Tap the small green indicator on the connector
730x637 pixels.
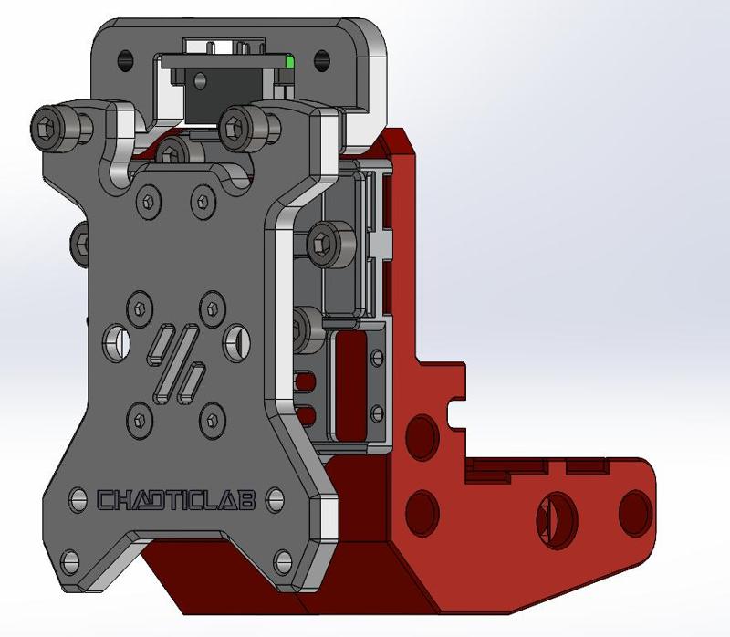[x=289, y=62]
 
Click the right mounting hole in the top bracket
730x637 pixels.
[x=320, y=60]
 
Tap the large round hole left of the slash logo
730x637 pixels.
[x=117, y=341]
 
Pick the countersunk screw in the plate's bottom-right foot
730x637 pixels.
[x=281, y=558]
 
